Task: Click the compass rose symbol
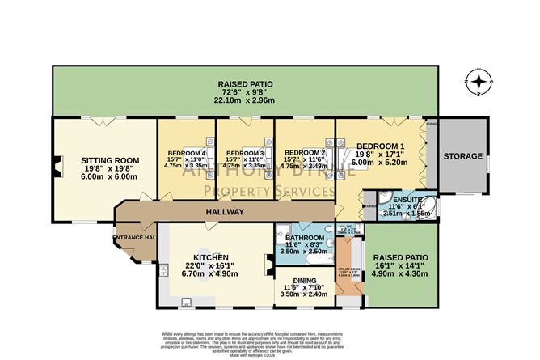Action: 480,81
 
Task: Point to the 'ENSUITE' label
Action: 396,198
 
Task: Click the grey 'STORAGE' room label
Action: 462,155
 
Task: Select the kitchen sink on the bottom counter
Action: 186,303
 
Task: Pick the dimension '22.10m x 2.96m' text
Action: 244,100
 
